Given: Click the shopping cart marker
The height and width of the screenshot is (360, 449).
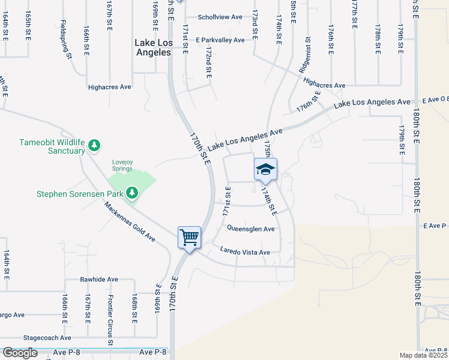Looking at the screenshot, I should click(189, 238).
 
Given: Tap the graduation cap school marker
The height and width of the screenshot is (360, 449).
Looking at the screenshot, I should click(265, 170).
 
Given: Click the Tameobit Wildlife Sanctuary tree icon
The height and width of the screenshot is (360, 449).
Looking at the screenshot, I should click(94, 145).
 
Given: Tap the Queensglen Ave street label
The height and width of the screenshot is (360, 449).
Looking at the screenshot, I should click(250, 229).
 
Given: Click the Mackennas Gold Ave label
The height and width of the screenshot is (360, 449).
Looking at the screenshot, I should click(129, 222).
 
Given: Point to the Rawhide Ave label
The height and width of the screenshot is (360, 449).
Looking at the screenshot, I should click(99, 280).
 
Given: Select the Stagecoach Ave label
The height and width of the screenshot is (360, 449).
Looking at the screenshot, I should click(52, 338).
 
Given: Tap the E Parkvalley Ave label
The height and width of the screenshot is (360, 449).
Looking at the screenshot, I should click(220, 40).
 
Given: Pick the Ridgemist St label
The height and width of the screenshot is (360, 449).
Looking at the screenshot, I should click(307, 53).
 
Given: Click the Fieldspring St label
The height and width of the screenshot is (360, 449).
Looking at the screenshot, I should click(66, 40).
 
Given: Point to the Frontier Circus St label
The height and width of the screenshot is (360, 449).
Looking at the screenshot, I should click(111, 322).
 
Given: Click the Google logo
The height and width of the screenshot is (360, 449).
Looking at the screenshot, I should click(20, 353).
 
